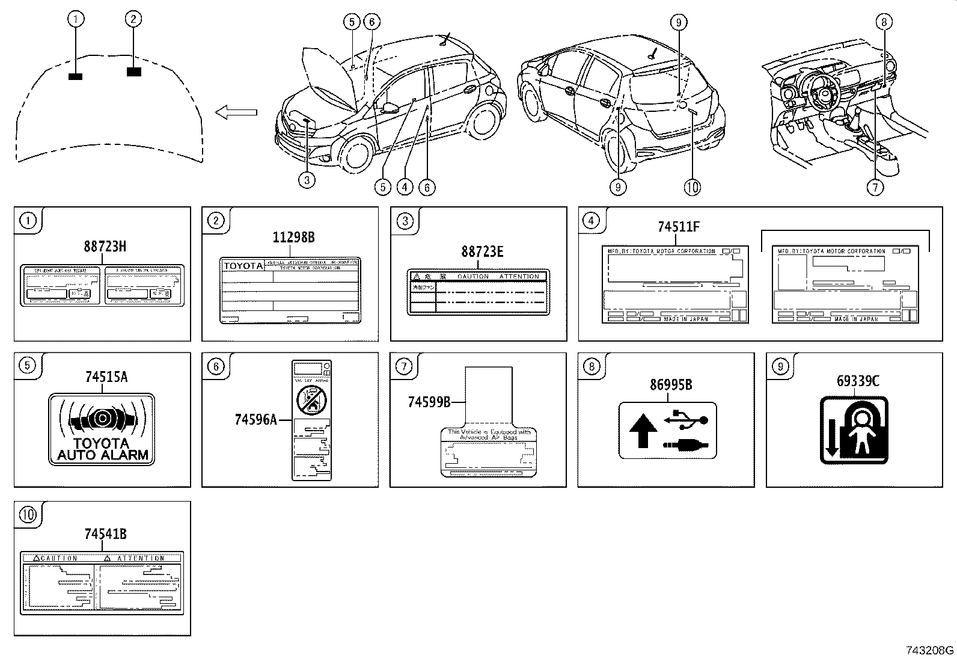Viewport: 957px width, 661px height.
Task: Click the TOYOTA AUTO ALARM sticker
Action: pos(102,429)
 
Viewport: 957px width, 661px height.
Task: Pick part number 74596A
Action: pos(255,419)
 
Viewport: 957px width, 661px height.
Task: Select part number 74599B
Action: pos(429,402)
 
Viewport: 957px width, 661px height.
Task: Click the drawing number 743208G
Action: pos(929,650)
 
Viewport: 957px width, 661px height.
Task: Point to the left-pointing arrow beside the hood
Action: pos(236,112)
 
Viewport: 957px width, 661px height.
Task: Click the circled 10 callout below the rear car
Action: pos(692,187)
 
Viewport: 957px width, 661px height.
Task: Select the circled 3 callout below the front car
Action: pos(307,180)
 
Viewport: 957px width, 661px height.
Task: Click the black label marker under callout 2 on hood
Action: pos(134,72)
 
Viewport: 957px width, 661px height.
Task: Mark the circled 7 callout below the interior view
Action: pos(875,187)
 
